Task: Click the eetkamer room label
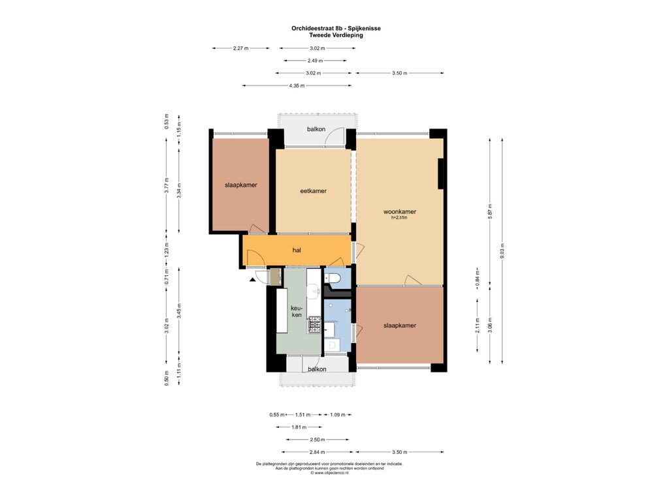[x=313, y=191]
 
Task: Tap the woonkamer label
[x=399, y=211]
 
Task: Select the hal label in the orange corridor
[x=297, y=250]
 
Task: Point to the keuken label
[x=296, y=311]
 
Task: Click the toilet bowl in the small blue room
[x=333, y=278]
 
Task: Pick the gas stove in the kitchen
[x=314, y=325]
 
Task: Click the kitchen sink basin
[x=316, y=292]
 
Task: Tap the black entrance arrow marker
[x=253, y=280]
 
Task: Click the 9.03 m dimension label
[x=502, y=251]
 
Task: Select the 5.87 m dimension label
[x=490, y=211]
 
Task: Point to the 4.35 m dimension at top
[x=297, y=85]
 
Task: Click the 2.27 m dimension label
[x=240, y=48]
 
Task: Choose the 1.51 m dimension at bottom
[x=302, y=414]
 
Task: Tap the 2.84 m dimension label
[x=317, y=452]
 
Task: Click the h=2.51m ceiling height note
[x=399, y=218]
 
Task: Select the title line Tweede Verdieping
[x=336, y=35]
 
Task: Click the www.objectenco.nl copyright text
[x=329, y=473]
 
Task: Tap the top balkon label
[x=316, y=129]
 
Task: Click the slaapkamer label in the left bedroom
[x=241, y=185]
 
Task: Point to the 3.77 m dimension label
[x=167, y=185]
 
